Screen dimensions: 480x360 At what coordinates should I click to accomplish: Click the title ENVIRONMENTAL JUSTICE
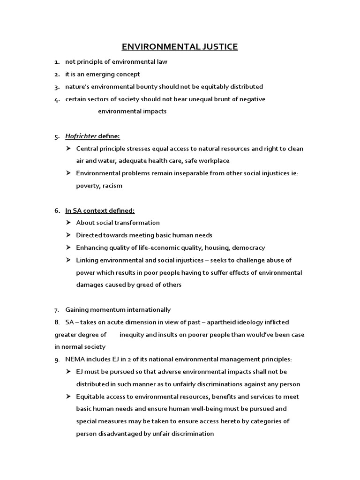click(x=180, y=46)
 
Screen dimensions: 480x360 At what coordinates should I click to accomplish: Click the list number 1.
click(x=56, y=62)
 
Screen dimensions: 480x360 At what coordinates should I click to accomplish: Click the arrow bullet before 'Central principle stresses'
click(x=68, y=149)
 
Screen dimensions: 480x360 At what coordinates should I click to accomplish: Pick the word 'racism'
click(x=113, y=186)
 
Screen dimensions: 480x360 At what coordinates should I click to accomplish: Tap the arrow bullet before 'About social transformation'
click(x=68, y=223)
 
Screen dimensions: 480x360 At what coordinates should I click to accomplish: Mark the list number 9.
click(x=56, y=360)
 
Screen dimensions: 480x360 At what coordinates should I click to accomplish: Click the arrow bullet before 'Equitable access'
click(x=68, y=397)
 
